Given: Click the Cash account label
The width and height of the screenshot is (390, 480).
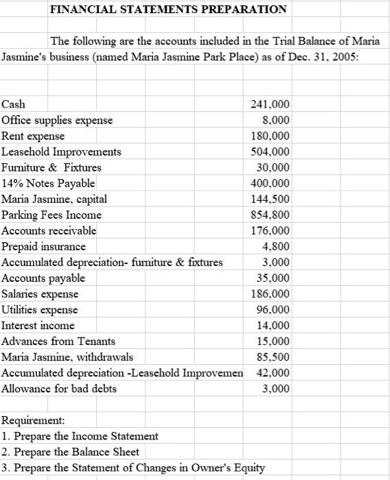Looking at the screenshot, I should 14,104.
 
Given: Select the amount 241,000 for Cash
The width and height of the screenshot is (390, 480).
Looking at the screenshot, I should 272,104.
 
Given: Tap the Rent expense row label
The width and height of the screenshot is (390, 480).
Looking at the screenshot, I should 34,136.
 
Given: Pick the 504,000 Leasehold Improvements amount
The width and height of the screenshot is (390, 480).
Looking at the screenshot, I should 272,152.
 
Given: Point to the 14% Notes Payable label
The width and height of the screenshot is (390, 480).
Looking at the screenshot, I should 48,183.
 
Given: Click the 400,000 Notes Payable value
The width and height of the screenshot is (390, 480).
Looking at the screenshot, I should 272,183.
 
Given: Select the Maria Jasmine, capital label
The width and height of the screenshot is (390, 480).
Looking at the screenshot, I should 54,199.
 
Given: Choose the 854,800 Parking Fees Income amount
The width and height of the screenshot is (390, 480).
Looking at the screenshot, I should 272,215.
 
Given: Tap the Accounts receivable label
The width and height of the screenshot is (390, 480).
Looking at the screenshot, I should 49,230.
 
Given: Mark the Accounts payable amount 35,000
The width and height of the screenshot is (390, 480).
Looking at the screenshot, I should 274,278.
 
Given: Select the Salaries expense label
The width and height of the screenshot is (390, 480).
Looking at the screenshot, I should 40,293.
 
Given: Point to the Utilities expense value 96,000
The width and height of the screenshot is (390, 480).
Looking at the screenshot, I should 274,309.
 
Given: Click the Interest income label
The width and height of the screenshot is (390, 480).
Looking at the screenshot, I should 38,325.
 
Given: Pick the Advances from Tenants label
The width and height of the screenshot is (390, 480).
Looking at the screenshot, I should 58,341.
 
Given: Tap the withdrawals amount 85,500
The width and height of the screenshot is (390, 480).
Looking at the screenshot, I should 274,357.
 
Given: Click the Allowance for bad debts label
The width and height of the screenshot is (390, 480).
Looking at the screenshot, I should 59,388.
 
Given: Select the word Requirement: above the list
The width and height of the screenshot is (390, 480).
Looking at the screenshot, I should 34,420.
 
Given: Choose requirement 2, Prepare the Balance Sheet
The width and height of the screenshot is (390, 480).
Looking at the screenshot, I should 71,451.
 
